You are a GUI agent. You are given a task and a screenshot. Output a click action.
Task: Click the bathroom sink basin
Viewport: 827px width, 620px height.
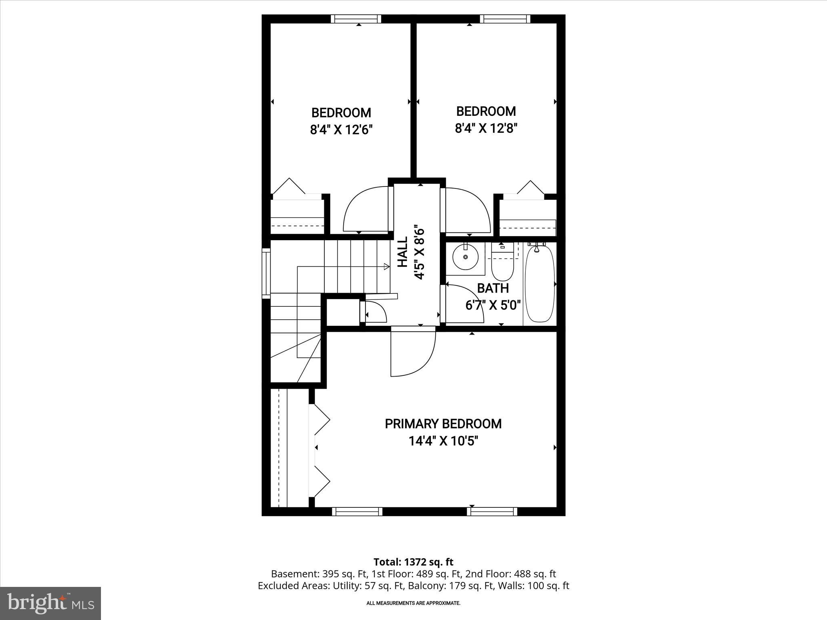click(x=466, y=257)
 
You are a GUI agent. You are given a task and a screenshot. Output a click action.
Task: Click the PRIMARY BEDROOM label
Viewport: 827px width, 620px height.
click(x=443, y=424)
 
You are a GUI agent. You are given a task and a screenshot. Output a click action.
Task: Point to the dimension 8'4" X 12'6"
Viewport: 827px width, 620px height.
click(x=341, y=130)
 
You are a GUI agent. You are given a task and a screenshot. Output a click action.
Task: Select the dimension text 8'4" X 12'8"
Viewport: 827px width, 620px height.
click(x=486, y=128)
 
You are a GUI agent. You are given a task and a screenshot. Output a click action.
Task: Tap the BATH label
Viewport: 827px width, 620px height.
click(x=493, y=288)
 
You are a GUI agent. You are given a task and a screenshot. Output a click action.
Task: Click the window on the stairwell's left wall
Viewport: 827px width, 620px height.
click(x=266, y=273)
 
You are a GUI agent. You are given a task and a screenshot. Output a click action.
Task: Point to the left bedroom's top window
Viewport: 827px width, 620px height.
click(x=356, y=19)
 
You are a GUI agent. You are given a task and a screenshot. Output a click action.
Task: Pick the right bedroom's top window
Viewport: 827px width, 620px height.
click(x=505, y=19)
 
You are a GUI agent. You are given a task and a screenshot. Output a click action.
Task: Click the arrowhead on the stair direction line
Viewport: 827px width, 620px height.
click(x=386, y=266)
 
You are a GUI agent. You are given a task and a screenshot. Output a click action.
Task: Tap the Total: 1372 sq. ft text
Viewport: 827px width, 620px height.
click(x=413, y=562)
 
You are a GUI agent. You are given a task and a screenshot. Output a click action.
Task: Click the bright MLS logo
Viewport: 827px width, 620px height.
click(x=50, y=603)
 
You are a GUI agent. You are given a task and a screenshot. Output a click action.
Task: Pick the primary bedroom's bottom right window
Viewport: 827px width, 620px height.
click(x=492, y=511)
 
